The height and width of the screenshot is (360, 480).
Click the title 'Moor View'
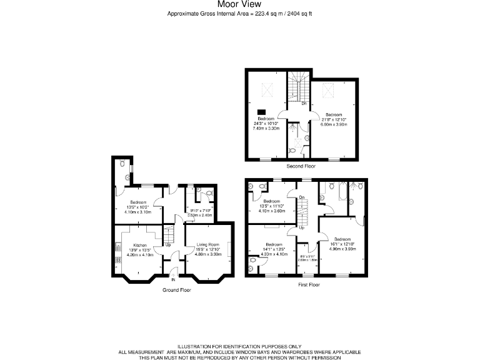[240, 4]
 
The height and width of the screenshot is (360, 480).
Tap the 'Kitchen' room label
[139, 246]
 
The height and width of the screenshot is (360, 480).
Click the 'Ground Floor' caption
[176, 290]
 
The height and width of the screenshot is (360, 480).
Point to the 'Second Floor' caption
[301, 166]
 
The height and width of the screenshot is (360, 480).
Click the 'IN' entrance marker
[173, 280]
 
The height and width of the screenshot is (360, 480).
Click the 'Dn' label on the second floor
[304, 103]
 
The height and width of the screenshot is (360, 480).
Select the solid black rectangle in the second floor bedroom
[261, 112]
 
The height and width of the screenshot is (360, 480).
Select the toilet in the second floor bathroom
[293, 151]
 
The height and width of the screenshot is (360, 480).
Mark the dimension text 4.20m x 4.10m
[139, 254]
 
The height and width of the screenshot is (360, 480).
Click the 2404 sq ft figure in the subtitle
[299, 13]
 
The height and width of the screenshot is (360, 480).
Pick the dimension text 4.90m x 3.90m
[343, 248]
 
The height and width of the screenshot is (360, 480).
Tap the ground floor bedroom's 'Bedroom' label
[138, 202]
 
